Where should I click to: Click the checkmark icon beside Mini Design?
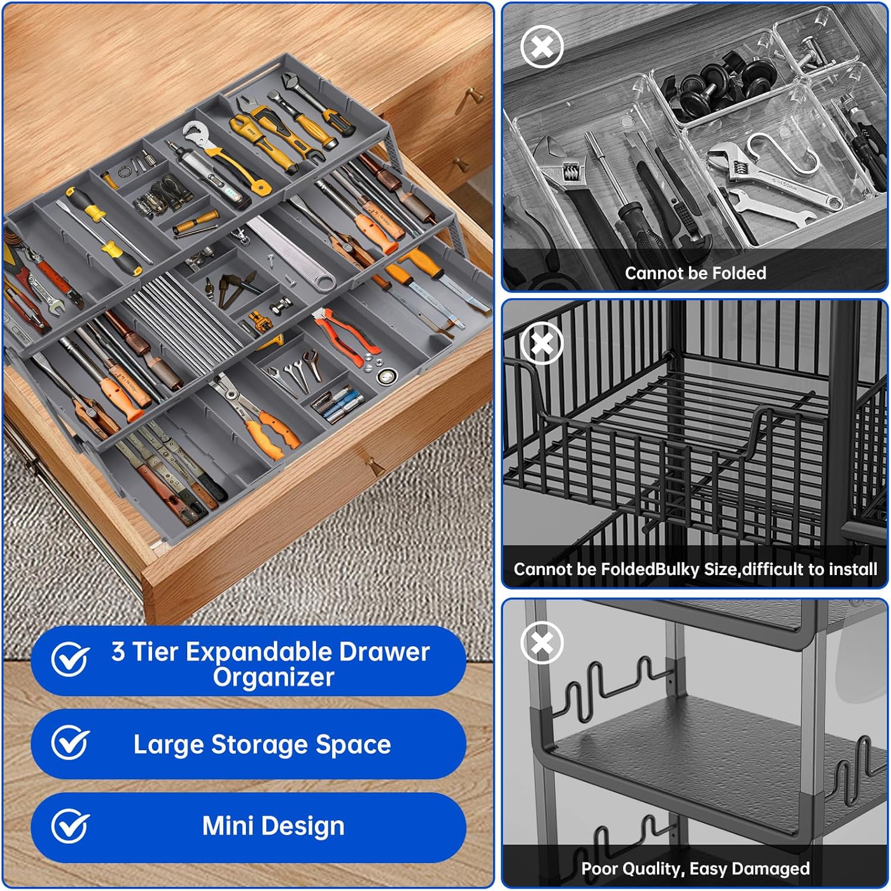pyautogui.click(x=70, y=826)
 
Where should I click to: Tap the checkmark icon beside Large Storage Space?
pyautogui.click(x=70, y=742)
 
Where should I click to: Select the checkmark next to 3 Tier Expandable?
pyautogui.click(x=70, y=659)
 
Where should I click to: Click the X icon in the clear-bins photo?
pyautogui.click(x=542, y=46)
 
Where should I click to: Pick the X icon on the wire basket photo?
pyautogui.click(x=542, y=343)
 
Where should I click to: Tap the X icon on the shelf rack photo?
pyautogui.click(x=542, y=643)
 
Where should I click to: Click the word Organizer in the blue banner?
pyautogui.click(x=274, y=678)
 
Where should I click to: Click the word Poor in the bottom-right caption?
pyautogui.click(x=600, y=868)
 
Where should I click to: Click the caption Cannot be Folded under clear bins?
pyautogui.click(x=696, y=273)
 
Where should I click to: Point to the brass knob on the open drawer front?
pyautogui.click(x=374, y=465)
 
